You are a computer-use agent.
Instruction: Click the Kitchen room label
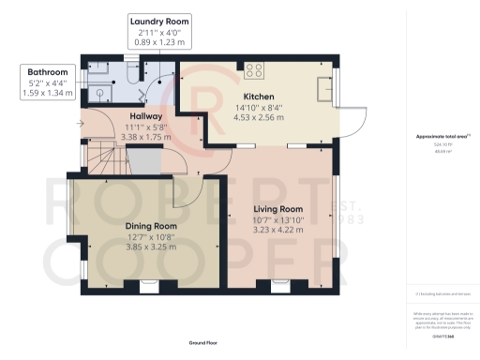click(x=258, y=97)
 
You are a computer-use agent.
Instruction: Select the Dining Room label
click(x=152, y=226)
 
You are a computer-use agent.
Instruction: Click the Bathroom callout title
click(x=47, y=71)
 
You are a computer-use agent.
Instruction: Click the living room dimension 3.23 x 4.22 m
click(x=278, y=230)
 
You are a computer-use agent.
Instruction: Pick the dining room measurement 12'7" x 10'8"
click(x=152, y=236)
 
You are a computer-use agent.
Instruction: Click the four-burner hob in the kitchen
click(x=253, y=68)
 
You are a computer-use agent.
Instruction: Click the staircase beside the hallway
click(x=98, y=160)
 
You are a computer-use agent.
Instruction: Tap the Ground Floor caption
click(x=203, y=344)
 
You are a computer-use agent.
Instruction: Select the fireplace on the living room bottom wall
click(x=277, y=282)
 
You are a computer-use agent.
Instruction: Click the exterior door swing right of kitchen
click(x=355, y=117)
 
